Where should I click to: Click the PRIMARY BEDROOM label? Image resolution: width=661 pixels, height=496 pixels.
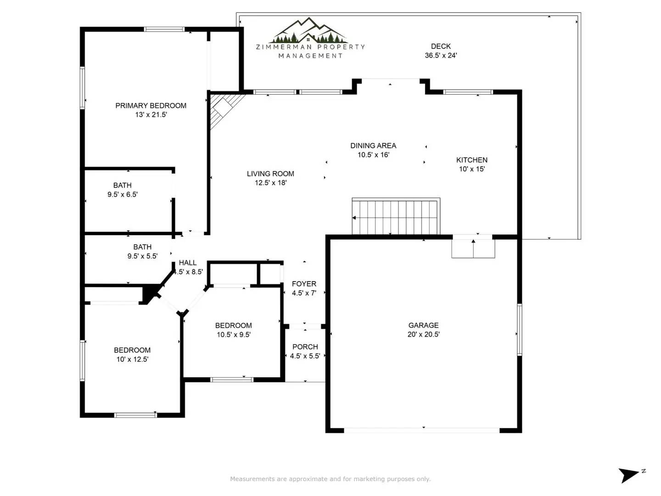click(x=151, y=106)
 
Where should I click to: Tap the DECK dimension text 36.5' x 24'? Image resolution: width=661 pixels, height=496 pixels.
click(x=441, y=56)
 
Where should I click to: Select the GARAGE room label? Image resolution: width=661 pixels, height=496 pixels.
click(x=423, y=325)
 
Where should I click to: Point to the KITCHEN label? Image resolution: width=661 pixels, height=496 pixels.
click(x=471, y=160)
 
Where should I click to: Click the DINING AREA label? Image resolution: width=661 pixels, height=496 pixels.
click(x=373, y=146)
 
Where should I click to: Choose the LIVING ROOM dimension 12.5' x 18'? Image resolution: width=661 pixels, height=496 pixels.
click(x=270, y=183)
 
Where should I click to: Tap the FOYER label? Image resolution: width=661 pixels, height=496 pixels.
click(x=304, y=284)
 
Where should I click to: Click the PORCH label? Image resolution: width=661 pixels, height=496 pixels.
click(x=305, y=347)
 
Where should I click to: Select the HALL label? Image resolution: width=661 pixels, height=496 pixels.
click(x=188, y=263)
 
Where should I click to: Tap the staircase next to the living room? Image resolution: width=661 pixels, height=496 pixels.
click(x=396, y=216)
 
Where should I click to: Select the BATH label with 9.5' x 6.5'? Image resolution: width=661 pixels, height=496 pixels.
click(x=122, y=185)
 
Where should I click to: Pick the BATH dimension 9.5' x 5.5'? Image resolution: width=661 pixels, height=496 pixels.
click(x=142, y=256)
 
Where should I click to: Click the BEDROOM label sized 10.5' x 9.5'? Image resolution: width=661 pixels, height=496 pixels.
click(x=233, y=325)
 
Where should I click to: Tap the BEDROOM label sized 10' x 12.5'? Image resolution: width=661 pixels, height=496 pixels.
click(x=132, y=350)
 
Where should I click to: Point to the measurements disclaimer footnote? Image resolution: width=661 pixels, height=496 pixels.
click(x=330, y=479)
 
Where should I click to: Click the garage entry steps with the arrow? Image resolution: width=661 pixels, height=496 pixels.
click(x=473, y=248)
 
